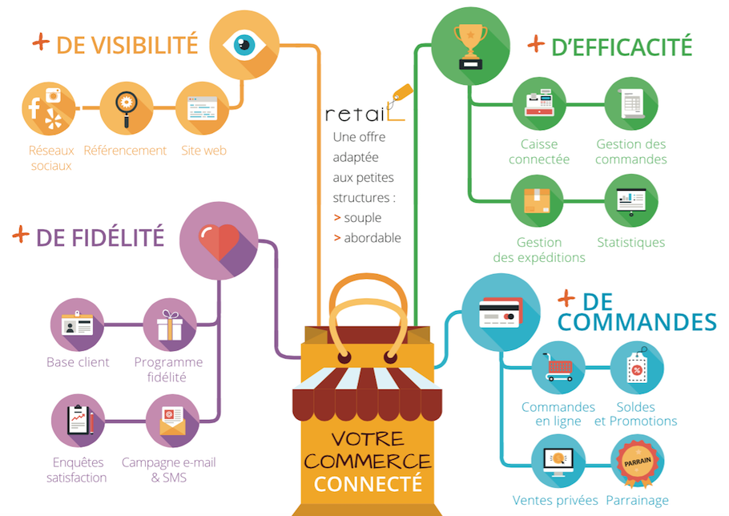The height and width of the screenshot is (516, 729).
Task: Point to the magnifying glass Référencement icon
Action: pos(127,108)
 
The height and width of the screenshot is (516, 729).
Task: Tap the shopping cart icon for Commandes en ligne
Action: pos(558,367)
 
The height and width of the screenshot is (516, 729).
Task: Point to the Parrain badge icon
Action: pos(637,463)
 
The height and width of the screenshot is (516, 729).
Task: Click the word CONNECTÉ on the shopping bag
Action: pos(368,484)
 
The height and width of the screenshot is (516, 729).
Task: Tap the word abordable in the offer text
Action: pos(373,238)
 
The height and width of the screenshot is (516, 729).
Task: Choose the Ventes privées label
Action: pos(555,501)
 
